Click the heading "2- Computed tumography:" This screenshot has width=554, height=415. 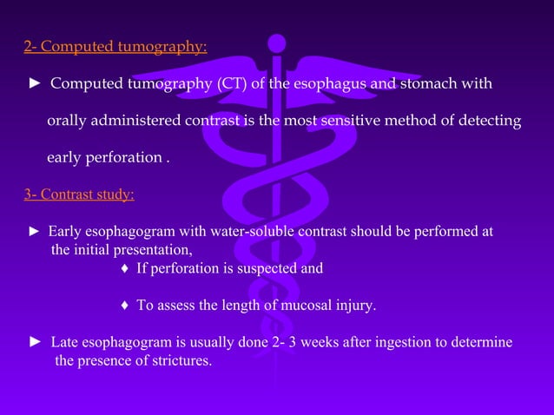pyautogui.click(x=115, y=47)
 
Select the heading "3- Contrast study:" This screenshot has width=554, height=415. pyautogui.click(x=79, y=194)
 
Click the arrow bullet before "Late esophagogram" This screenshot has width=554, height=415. pyautogui.click(x=36, y=342)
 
